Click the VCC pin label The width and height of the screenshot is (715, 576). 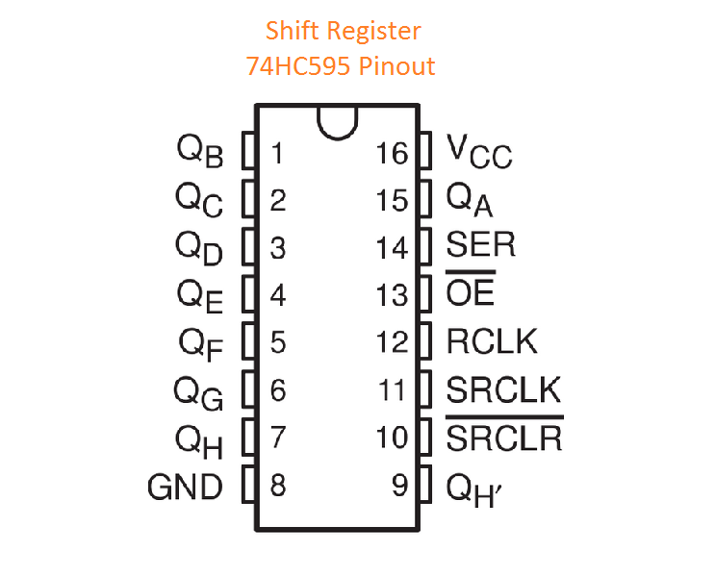[479, 152]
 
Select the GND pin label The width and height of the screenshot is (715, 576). [185, 486]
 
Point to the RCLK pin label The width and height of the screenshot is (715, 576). [492, 341]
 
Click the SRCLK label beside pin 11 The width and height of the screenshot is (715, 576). [503, 389]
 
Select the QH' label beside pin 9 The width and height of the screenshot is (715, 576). [474, 488]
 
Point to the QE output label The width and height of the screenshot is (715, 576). [199, 295]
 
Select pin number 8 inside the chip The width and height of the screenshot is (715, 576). [277, 486]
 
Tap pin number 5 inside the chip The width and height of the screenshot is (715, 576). [277, 342]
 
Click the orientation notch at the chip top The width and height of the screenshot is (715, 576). [337, 122]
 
